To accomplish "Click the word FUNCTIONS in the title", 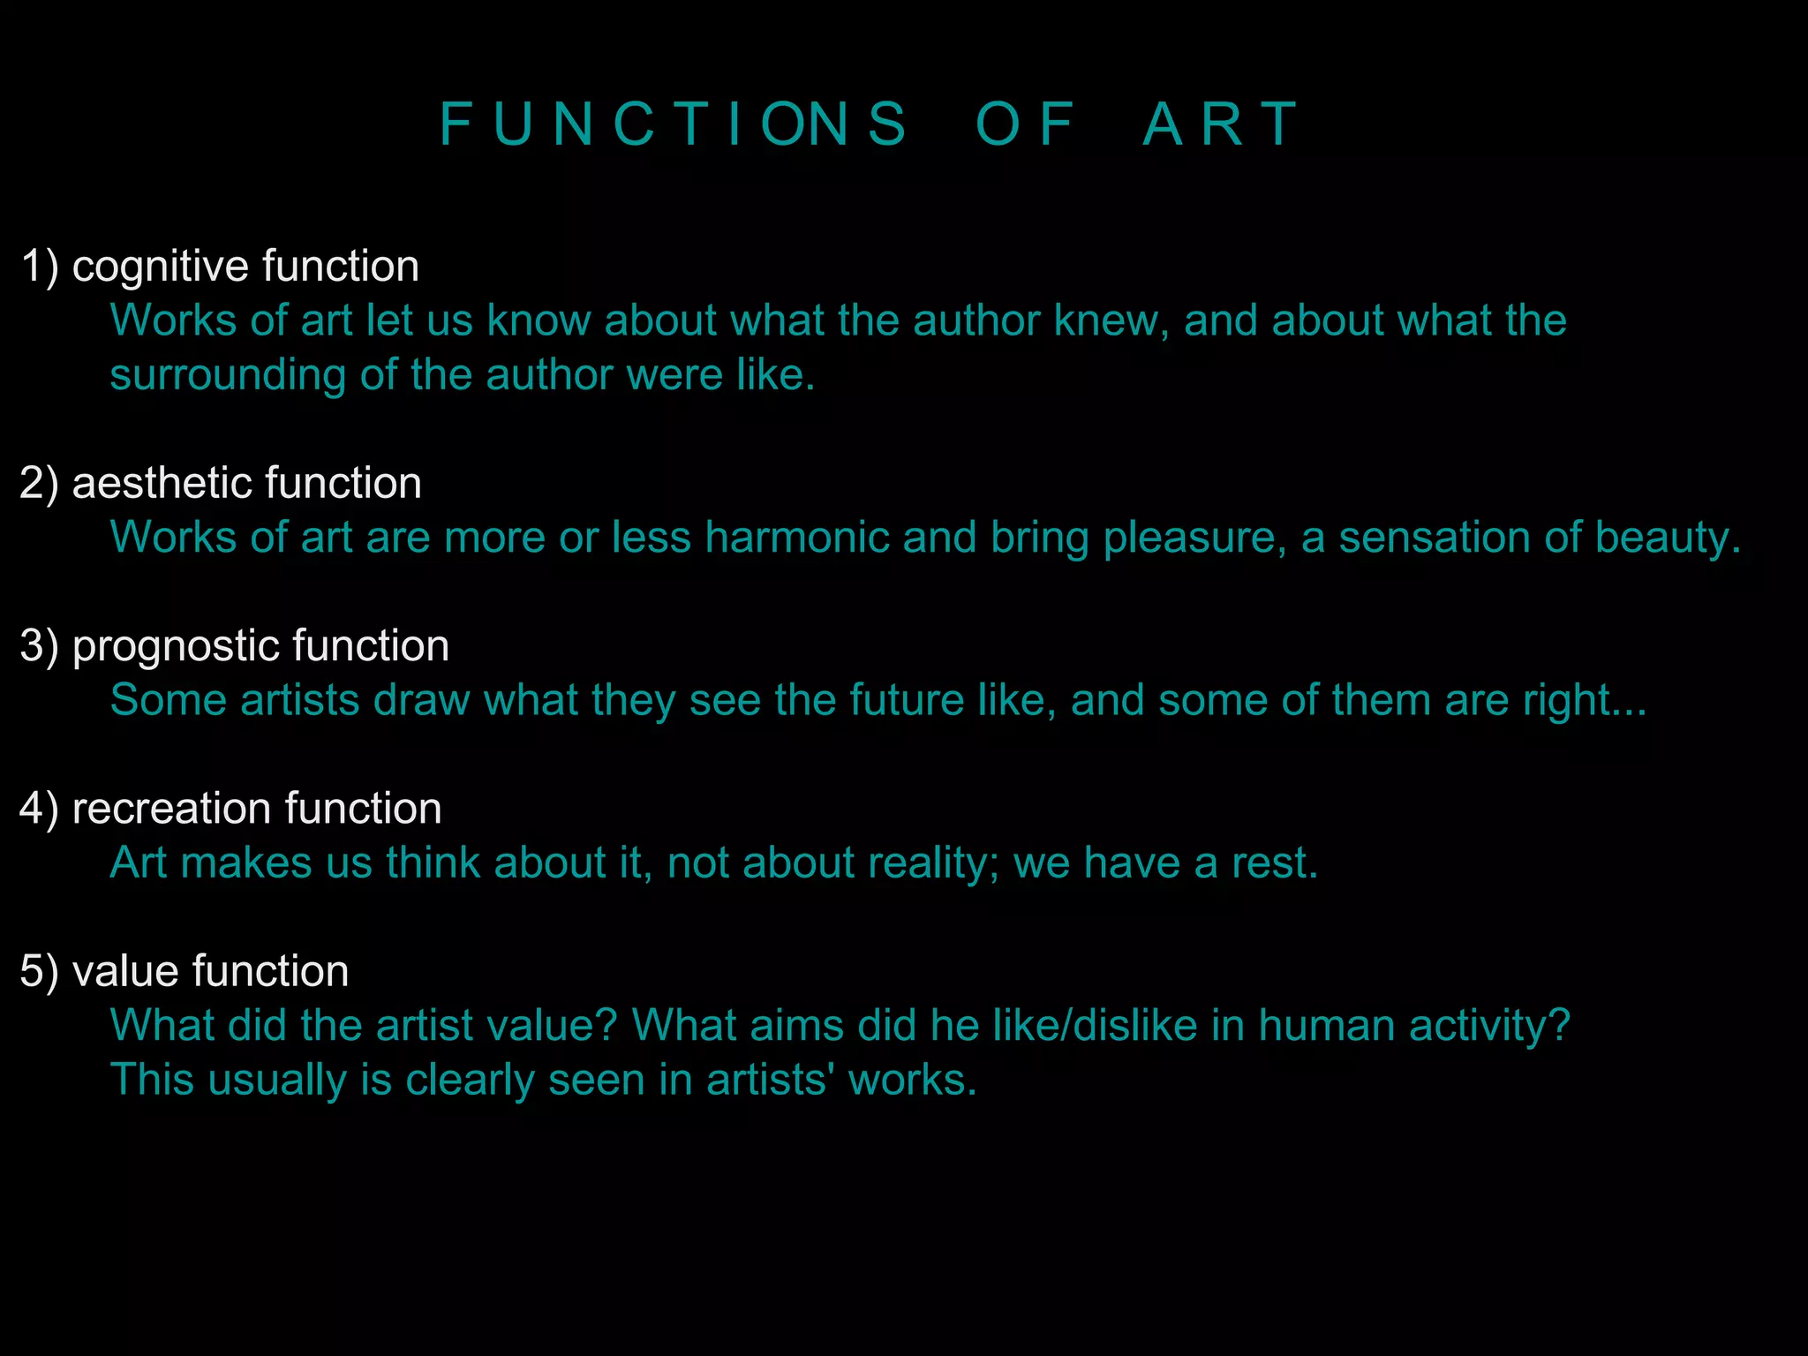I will click(673, 124).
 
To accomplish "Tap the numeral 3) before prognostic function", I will click(39, 646).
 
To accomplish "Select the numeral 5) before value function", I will click(39, 971).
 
